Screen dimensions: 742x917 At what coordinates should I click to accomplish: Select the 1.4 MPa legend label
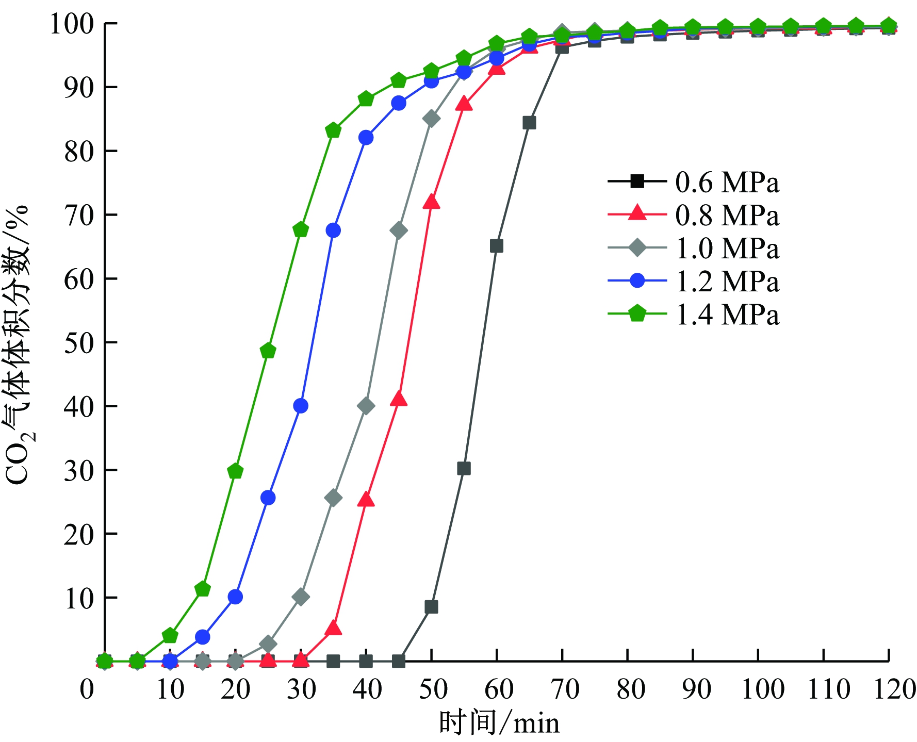click(727, 315)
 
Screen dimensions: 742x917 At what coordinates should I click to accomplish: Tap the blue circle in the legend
click(637, 281)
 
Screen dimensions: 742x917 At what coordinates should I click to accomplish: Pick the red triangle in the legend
click(637, 213)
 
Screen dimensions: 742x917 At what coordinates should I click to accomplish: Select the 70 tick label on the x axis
click(565, 689)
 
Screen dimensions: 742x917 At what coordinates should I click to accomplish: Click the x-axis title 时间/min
click(499, 722)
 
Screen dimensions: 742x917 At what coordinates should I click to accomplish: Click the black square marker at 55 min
click(464, 468)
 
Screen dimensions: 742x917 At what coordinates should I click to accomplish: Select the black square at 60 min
click(496, 246)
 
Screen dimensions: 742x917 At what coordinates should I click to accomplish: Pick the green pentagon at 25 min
click(268, 351)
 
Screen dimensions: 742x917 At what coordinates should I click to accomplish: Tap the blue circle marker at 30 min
click(301, 406)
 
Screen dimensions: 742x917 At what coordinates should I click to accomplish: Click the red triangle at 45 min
click(399, 399)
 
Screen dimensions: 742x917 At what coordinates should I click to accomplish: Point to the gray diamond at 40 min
click(366, 406)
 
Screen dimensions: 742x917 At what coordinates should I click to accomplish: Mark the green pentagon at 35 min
click(333, 130)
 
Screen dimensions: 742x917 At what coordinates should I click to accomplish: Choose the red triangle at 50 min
click(431, 202)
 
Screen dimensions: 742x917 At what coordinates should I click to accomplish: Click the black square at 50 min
click(431, 607)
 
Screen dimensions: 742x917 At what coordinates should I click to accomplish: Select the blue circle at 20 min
click(235, 597)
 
